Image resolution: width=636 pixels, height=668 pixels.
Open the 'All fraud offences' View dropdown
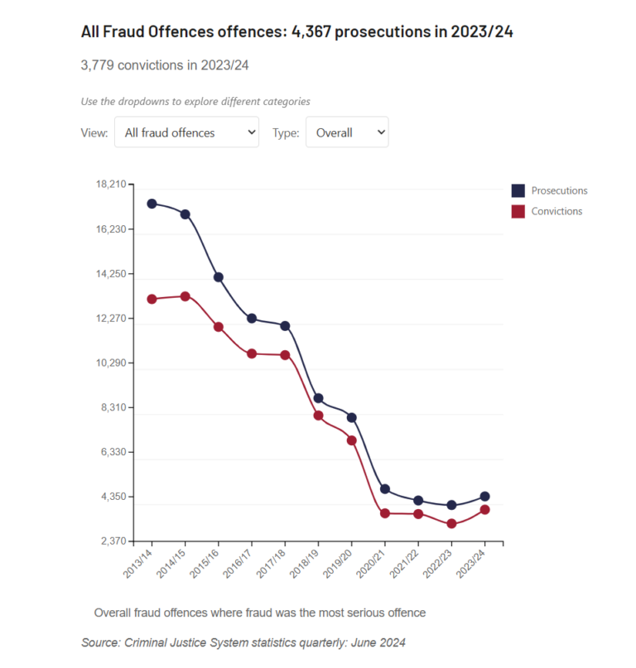coord(186,132)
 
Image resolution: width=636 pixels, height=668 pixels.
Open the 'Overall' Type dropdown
coord(346,132)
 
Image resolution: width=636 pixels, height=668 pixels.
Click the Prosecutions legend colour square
coord(518,190)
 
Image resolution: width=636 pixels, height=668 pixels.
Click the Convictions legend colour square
coord(518,211)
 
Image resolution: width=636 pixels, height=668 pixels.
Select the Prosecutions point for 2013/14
coord(152,204)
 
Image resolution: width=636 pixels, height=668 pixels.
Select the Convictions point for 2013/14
coord(152,299)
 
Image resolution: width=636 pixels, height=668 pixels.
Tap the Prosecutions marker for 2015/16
coord(219,277)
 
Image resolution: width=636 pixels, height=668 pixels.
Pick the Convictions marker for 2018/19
coord(318,416)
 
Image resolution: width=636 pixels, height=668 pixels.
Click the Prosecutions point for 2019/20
coord(351,418)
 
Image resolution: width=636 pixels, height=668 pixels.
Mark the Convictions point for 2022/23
coord(451,524)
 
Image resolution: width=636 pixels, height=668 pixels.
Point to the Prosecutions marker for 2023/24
coord(484,497)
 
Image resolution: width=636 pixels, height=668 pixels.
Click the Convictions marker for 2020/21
coord(385,513)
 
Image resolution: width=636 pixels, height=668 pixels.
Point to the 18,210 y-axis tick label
coord(110,184)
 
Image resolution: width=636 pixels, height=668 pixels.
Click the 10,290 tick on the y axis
coord(110,363)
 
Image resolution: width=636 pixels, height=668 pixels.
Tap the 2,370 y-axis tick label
coord(112,541)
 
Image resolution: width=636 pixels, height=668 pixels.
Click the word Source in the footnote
coord(101,642)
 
